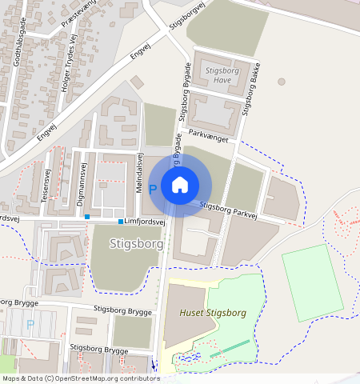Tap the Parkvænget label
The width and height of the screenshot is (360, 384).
tap(209, 137)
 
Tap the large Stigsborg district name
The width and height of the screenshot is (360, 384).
tap(130, 242)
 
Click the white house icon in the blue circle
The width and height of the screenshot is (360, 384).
tap(180, 185)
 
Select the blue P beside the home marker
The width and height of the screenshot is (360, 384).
tap(152, 191)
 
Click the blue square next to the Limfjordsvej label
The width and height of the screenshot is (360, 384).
tap(121, 222)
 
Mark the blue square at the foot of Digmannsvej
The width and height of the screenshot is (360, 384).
tap(87, 217)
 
